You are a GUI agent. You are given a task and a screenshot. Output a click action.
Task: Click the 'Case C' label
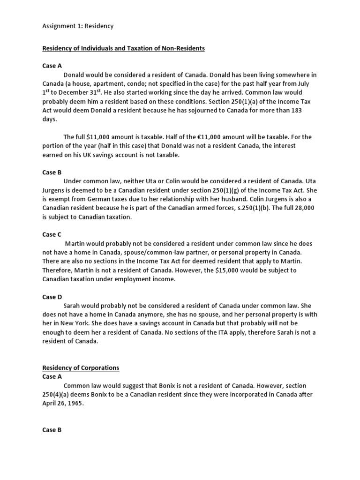[x=49, y=234]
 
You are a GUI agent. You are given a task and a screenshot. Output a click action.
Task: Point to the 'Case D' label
[x=49, y=297]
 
